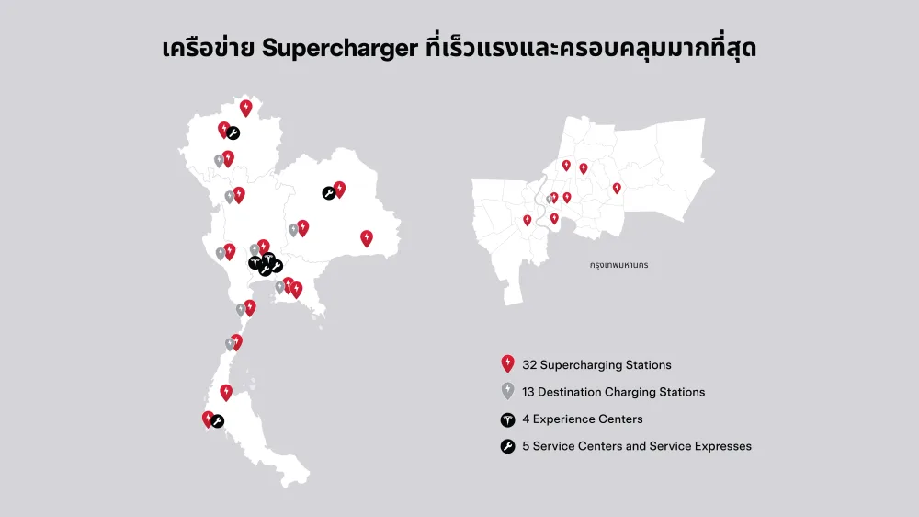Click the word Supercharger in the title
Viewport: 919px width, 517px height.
(x=340, y=50)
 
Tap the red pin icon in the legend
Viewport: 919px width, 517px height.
(x=507, y=364)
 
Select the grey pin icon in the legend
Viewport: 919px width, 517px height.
(x=507, y=391)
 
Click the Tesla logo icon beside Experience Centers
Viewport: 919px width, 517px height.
(x=507, y=419)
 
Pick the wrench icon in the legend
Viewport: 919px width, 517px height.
(x=507, y=446)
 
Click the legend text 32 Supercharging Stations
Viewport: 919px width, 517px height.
(x=596, y=365)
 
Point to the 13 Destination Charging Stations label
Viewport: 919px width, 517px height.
(x=613, y=392)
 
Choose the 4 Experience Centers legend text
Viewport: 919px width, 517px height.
(x=582, y=419)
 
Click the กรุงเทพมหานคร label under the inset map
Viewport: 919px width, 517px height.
(x=619, y=265)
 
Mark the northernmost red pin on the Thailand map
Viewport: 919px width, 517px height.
(x=245, y=108)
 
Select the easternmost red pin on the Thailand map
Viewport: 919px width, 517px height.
(x=367, y=238)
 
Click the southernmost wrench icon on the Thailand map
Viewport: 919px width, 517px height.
(x=218, y=421)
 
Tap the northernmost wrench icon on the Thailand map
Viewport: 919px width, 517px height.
(x=233, y=133)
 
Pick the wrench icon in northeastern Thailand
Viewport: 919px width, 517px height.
(x=328, y=193)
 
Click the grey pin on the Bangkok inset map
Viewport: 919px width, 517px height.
(x=549, y=199)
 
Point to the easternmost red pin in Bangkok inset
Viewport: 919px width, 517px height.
(x=617, y=189)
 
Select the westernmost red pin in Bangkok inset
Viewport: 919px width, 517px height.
(x=527, y=220)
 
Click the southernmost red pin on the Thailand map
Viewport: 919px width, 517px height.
(x=208, y=419)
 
